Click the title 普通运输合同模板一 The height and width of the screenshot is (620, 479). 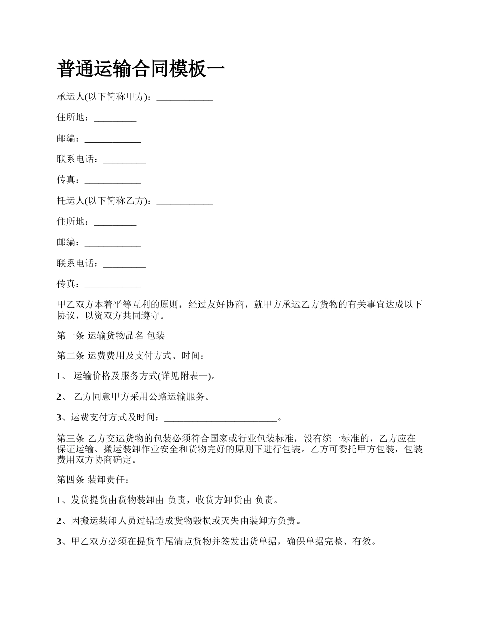point(141,69)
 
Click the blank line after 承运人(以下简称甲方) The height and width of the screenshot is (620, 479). point(185,98)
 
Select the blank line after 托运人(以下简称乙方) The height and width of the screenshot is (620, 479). point(185,201)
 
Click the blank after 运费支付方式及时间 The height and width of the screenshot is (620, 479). point(221,418)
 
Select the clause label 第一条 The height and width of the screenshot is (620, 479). point(70,335)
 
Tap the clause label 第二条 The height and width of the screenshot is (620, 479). point(70,356)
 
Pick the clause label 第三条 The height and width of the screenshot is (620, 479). point(70,438)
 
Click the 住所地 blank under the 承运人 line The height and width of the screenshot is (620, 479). point(115,118)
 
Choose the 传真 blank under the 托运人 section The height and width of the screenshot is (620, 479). point(112,284)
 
